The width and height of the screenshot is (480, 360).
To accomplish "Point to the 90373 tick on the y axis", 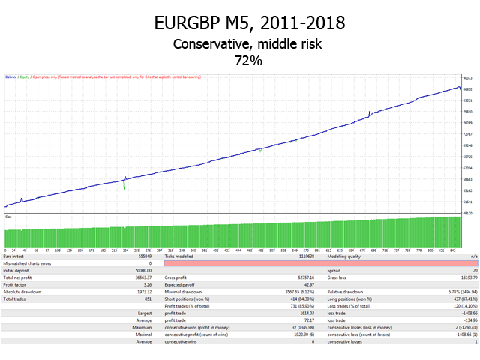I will point(466,77).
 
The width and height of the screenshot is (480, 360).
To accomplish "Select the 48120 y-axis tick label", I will point(466,213).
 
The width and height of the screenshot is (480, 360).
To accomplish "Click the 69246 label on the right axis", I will point(466,145).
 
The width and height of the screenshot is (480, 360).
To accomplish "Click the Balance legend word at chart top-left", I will point(11,76).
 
